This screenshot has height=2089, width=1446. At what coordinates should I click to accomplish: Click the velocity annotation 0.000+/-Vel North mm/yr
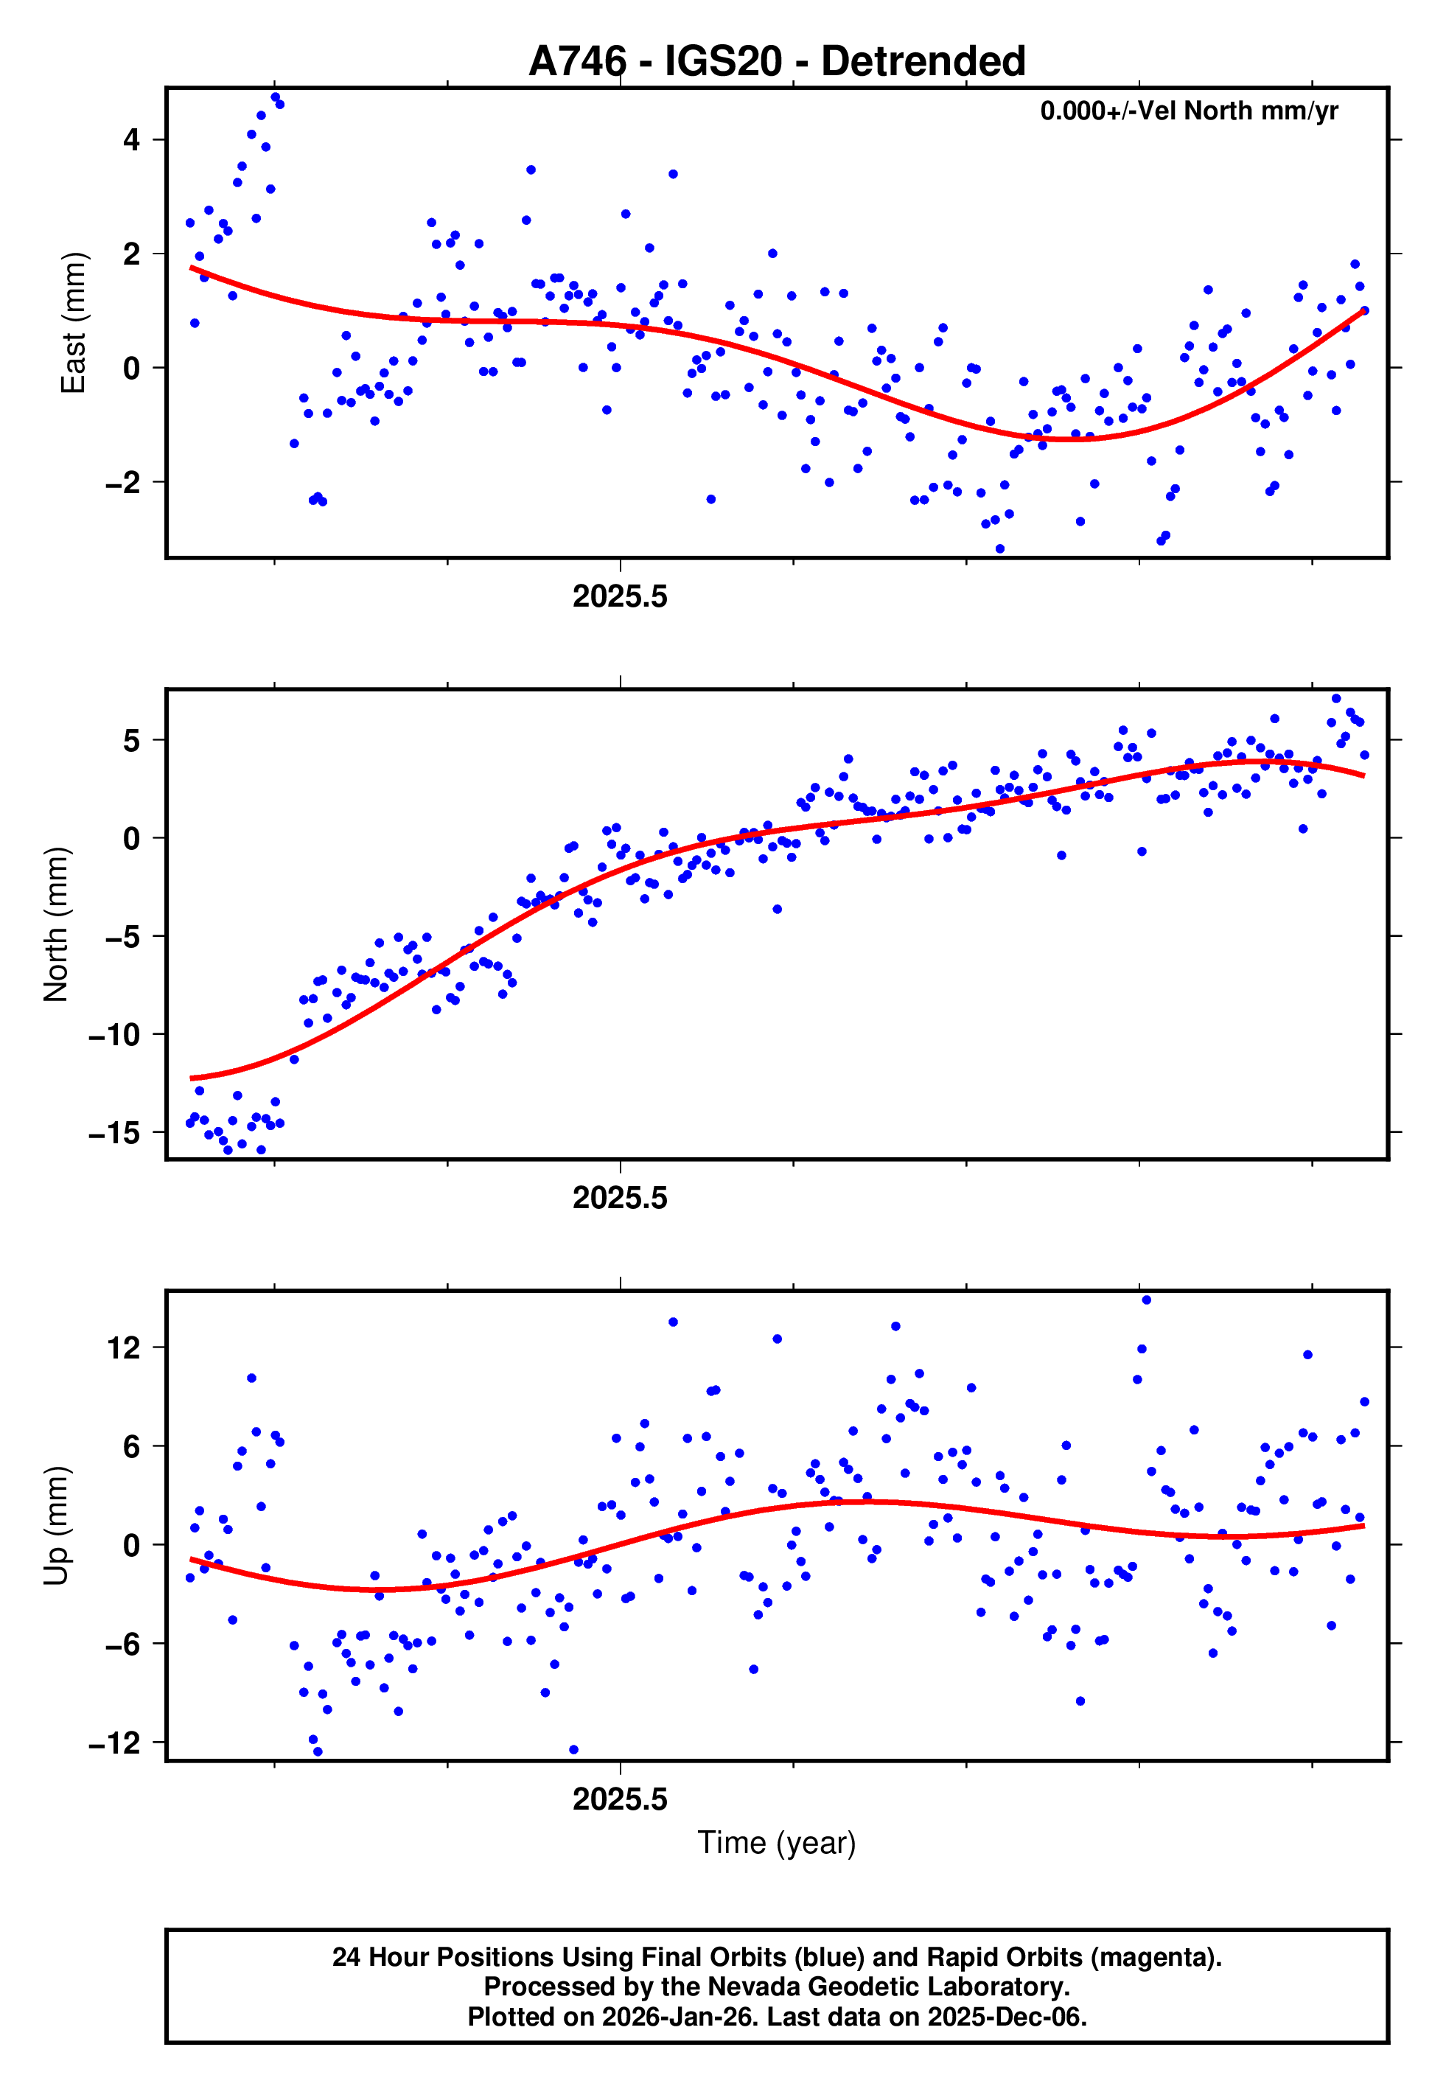pyautogui.click(x=1189, y=111)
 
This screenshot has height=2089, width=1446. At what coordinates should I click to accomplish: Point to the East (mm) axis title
pyautogui.click(x=72, y=324)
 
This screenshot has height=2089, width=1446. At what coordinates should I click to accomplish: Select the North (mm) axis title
pyautogui.click(x=55, y=924)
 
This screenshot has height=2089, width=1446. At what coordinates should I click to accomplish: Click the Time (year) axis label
pyautogui.click(x=777, y=1843)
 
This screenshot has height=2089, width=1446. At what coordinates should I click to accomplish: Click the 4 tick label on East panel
pyautogui.click(x=132, y=140)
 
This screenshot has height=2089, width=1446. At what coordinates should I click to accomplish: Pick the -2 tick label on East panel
pyautogui.click(x=123, y=483)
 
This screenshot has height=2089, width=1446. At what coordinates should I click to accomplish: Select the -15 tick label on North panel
pyautogui.click(x=115, y=1133)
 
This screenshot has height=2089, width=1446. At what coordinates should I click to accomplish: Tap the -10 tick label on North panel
pyautogui.click(x=115, y=1034)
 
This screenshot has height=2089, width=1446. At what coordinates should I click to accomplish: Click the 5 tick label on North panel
pyautogui.click(x=132, y=741)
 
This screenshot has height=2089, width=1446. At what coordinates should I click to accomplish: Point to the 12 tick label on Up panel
pyautogui.click(x=124, y=1349)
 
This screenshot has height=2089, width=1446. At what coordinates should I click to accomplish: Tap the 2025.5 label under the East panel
pyautogui.click(x=620, y=597)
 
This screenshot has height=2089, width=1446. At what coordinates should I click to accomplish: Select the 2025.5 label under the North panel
pyautogui.click(x=620, y=1199)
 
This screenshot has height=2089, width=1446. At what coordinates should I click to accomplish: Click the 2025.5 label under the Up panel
pyautogui.click(x=620, y=1799)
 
